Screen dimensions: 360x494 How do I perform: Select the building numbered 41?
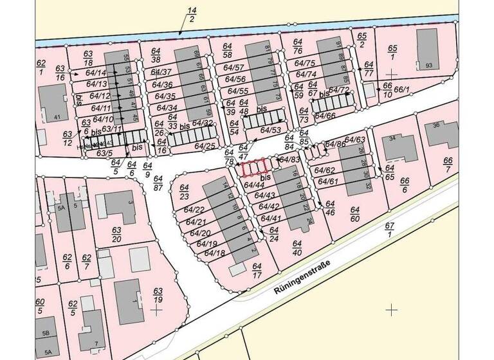53,102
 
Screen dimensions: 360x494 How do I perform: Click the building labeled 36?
442,132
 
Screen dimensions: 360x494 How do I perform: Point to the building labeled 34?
400,147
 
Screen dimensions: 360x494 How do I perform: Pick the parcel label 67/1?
389,230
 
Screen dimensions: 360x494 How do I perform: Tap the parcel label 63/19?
158,296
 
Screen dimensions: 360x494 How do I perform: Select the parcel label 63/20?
116,235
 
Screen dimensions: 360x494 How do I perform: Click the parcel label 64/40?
297,248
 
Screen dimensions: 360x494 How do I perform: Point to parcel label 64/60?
354,214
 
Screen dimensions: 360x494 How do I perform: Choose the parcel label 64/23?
184,192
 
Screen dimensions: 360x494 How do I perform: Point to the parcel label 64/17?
257,271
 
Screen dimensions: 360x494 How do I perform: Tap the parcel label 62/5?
73,307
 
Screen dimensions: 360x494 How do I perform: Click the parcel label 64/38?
156,55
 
